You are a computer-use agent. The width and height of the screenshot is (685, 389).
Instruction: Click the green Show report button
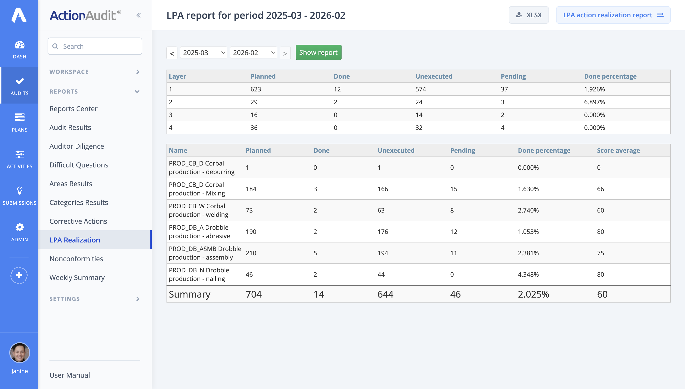318,52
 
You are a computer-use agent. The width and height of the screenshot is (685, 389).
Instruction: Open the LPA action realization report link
613,15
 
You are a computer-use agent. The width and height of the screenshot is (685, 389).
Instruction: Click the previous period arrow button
172,53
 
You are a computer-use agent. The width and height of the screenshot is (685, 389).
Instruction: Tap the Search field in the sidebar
95,46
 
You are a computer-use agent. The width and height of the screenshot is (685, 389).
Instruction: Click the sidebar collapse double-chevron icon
138,15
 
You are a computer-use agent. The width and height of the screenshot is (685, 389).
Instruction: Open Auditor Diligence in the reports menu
77,146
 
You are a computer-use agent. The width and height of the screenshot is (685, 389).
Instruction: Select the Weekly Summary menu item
77,277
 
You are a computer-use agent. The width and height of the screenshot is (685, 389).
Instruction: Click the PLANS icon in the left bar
19,118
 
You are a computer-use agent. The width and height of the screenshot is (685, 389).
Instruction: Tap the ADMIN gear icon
19,227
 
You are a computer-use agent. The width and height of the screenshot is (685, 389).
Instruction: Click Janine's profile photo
19,353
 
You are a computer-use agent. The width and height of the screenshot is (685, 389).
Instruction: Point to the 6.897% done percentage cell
594,102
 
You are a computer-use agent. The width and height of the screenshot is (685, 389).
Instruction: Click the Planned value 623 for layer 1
255,89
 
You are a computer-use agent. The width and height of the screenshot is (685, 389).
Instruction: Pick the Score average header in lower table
618,150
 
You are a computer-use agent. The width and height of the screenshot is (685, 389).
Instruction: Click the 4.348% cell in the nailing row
528,274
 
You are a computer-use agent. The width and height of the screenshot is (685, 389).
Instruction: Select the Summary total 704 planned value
253,294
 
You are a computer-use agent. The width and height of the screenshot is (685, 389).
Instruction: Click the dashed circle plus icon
19,275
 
